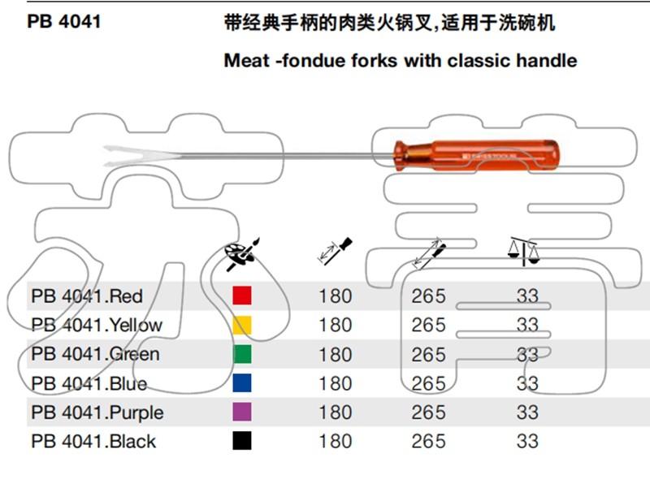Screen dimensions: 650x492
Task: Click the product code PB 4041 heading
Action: click(64, 22)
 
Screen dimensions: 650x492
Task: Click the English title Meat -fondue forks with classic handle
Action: click(401, 60)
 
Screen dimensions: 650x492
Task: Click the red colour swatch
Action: click(241, 296)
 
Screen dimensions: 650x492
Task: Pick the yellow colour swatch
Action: click(241, 325)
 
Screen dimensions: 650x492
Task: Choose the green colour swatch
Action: click(241, 354)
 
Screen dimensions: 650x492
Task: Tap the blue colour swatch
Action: click(241, 383)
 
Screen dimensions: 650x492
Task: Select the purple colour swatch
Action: click(241, 412)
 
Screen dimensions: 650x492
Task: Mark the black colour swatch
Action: click(241, 441)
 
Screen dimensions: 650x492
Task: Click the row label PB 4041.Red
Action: click(87, 296)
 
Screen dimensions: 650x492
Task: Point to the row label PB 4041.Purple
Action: click(97, 412)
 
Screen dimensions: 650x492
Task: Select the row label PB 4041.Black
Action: click(93, 442)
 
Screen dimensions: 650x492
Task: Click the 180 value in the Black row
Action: click(335, 442)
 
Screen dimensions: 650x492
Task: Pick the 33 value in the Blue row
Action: click(527, 383)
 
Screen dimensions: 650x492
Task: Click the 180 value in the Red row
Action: click(335, 296)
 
